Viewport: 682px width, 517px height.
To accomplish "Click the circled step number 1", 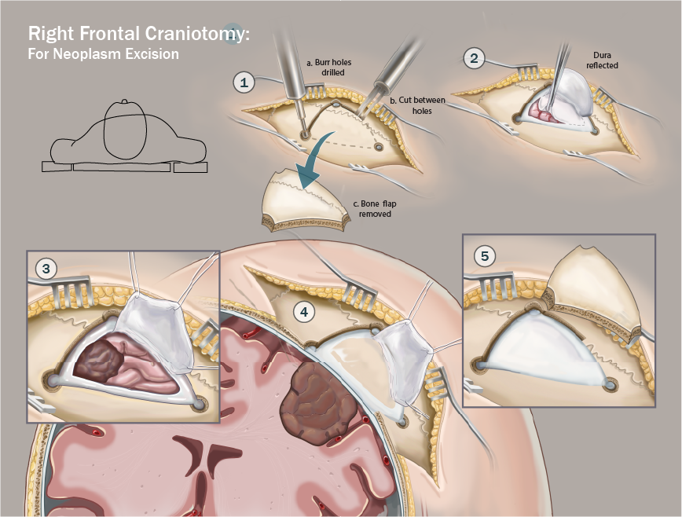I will (x=244, y=81).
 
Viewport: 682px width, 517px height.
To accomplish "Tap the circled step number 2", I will (x=473, y=57).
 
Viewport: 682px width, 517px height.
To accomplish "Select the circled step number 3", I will (x=46, y=269).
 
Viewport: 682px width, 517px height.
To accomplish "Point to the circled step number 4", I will (x=305, y=312).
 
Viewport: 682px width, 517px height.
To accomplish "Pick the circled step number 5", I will (x=485, y=255).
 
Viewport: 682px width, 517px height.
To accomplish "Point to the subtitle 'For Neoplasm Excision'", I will (x=104, y=54).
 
